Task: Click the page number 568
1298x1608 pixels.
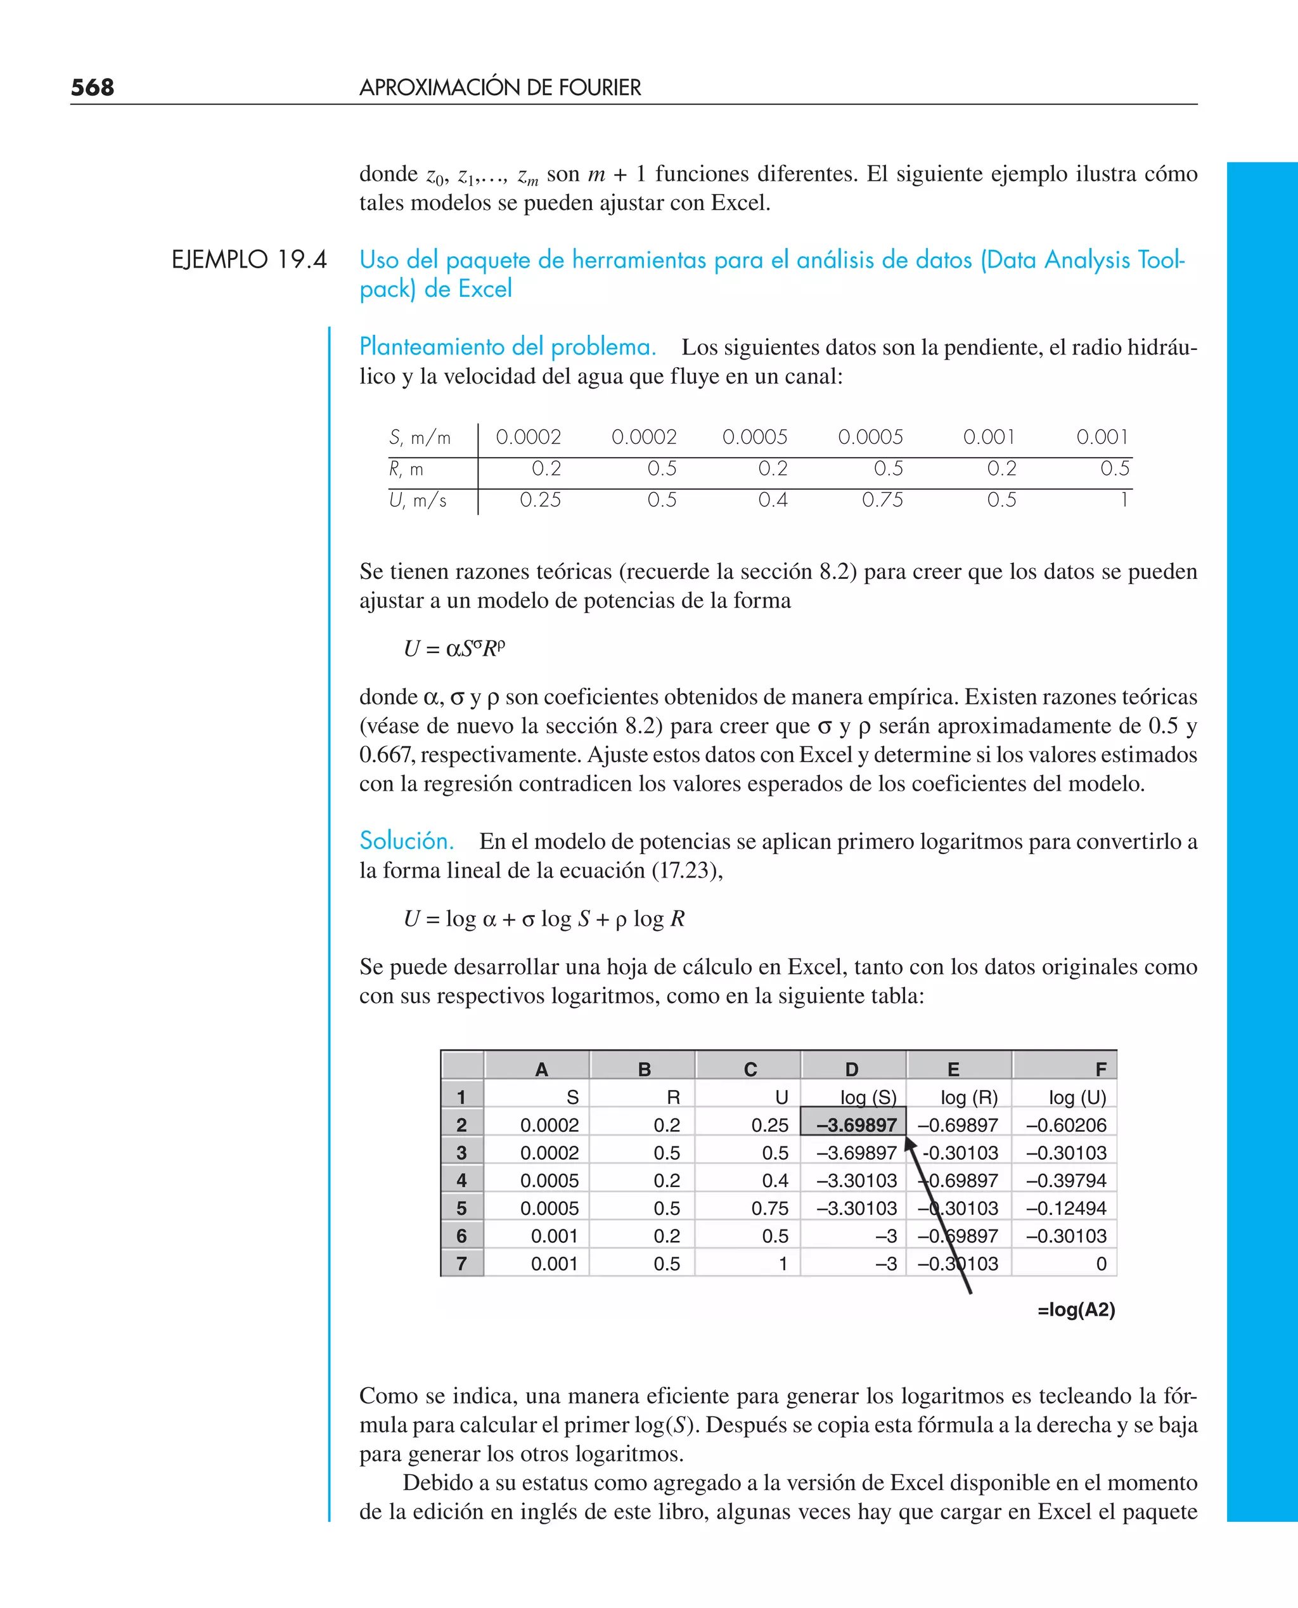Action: pos(93,88)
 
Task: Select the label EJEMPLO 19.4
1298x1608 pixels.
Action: pos(249,259)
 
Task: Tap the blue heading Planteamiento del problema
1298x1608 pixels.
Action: pos(508,347)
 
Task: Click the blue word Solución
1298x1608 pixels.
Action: pos(407,841)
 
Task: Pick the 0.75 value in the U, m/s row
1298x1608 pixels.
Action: pos(882,500)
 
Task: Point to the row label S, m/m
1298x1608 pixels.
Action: pos(420,438)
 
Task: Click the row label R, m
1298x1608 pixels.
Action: pos(406,469)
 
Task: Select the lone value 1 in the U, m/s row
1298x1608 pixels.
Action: pos(1123,500)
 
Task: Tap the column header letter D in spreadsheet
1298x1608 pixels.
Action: pos(852,1070)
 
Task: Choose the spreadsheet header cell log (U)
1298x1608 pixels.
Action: pos(1077,1097)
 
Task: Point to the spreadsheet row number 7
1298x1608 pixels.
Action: pos(462,1264)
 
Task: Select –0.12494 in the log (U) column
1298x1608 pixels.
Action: pos(1065,1208)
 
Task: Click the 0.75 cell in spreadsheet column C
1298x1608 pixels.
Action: pos(769,1208)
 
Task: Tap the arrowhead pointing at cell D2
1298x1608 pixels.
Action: pos(910,1145)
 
